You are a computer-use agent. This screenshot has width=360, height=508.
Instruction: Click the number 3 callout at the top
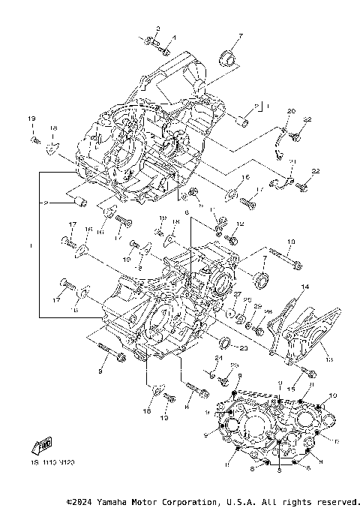tap(157, 29)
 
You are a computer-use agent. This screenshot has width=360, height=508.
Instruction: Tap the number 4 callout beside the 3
tap(172, 37)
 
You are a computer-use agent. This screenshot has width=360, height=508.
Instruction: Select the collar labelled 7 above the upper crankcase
tap(227, 59)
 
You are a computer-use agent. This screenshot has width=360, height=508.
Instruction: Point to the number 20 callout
tap(291, 112)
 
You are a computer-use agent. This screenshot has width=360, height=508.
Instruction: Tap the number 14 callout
tap(304, 287)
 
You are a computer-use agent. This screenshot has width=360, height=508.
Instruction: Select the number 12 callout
tap(240, 224)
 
